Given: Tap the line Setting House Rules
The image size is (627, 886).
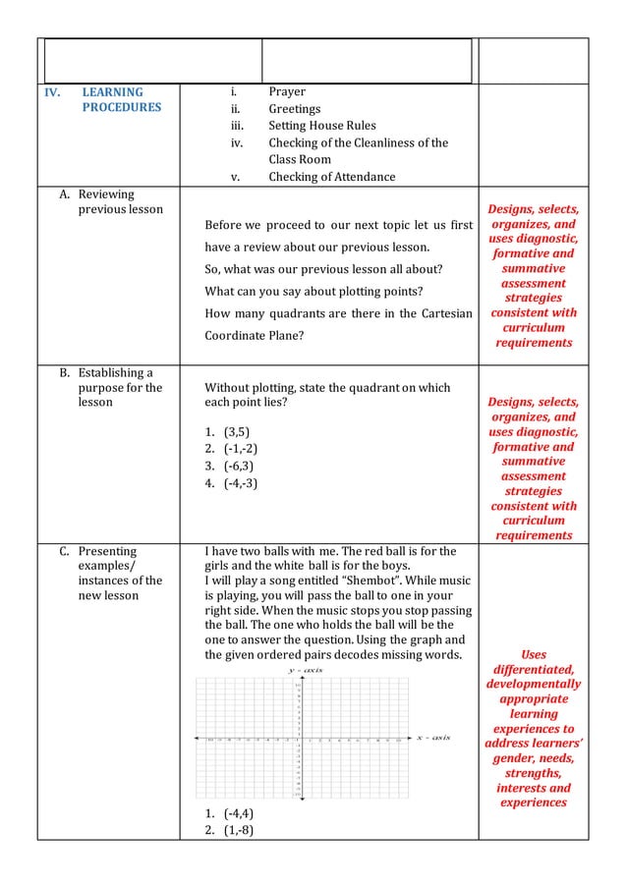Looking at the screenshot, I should pos(322,126).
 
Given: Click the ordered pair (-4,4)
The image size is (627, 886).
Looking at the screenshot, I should pos(241,814).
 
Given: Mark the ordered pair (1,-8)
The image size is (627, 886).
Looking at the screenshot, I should pos(241,831).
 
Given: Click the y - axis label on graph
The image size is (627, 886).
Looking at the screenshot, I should pos(305,670).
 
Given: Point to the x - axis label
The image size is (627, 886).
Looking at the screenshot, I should pos(432,738).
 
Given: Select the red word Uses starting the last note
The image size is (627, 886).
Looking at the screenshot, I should pos(533,653).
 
